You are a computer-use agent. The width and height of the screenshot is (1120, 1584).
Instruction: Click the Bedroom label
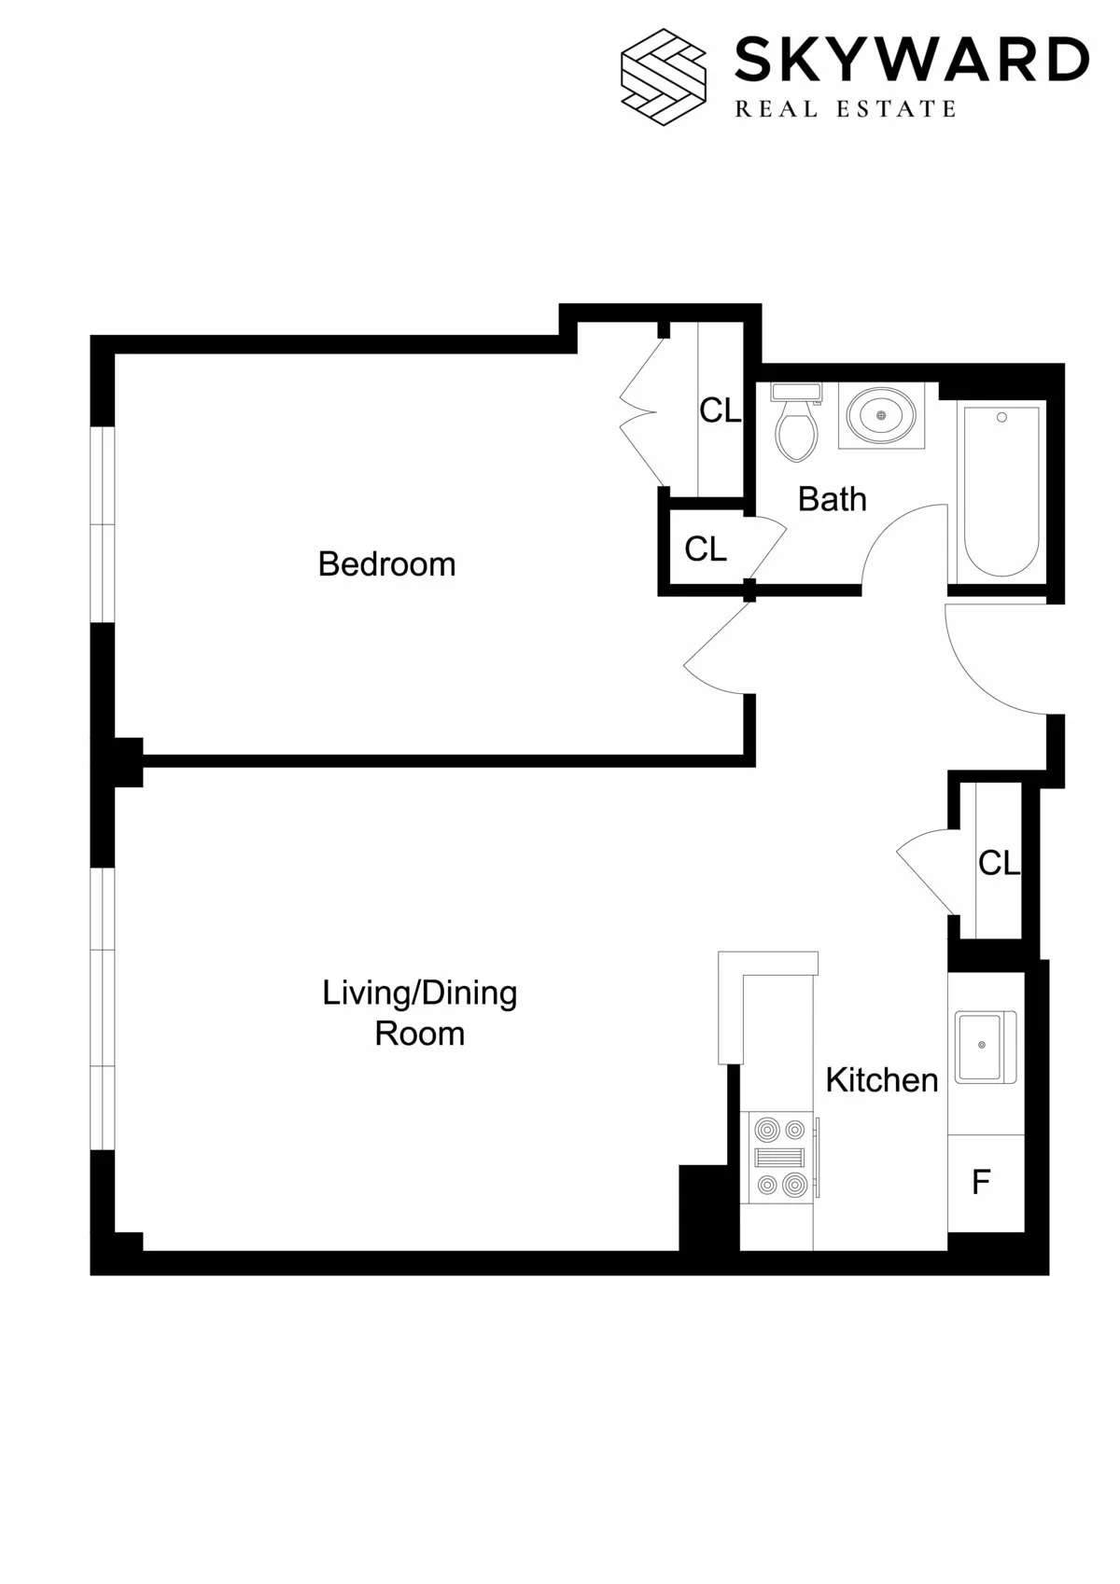(x=386, y=564)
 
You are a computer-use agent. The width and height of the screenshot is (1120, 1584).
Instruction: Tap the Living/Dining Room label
(x=419, y=1013)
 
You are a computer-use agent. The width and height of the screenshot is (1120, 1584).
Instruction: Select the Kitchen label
(x=881, y=1080)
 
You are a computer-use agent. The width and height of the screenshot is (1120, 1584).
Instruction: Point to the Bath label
(x=832, y=500)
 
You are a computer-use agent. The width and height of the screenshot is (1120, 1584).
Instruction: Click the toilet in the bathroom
(x=796, y=424)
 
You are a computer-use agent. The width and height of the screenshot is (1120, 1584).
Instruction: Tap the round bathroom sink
(x=881, y=415)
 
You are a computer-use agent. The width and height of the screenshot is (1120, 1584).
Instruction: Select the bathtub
(x=1001, y=492)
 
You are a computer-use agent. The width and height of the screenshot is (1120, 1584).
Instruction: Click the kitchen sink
(x=984, y=1047)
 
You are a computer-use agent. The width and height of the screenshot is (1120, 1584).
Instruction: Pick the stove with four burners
(x=779, y=1158)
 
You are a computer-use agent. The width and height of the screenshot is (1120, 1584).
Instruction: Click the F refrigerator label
(x=981, y=1183)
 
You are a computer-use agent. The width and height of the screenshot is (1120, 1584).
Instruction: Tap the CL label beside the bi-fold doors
(x=720, y=410)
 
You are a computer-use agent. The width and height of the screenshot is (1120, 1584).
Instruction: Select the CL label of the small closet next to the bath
(x=705, y=549)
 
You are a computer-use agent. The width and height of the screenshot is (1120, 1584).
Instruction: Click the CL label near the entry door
(x=998, y=864)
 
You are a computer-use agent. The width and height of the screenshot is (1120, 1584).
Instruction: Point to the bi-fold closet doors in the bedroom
(x=642, y=411)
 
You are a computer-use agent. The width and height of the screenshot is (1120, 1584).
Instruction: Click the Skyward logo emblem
(x=664, y=76)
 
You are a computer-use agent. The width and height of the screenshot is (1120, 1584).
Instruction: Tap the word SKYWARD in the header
(x=911, y=61)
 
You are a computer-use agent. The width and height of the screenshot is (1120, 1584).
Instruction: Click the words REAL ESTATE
(x=846, y=110)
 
